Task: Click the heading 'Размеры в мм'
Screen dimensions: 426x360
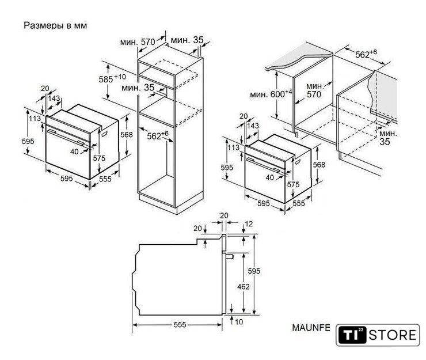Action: tap(55, 25)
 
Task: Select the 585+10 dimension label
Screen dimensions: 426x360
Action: tap(112, 78)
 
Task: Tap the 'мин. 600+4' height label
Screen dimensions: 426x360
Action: tap(271, 94)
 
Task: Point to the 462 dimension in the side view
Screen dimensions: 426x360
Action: tap(243, 287)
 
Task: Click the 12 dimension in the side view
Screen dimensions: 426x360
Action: tap(249, 224)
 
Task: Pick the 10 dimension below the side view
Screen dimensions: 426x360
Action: tap(239, 322)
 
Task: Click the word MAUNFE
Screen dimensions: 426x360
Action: tap(311, 328)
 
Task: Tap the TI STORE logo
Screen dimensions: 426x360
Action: tap(378, 335)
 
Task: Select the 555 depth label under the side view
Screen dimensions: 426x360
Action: tap(180, 325)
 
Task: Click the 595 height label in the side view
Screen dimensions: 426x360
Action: tap(254, 271)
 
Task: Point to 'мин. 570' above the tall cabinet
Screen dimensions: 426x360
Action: tap(138, 42)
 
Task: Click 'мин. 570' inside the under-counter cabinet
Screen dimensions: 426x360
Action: tap(315, 90)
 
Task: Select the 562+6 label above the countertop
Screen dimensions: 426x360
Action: tap(366, 54)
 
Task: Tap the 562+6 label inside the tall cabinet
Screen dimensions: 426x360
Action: tap(158, 135)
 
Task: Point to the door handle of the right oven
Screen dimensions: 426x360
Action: tap(263, 165)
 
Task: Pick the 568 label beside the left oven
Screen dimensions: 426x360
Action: tap(127, 135)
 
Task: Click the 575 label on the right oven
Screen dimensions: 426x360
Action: tap(293, 184)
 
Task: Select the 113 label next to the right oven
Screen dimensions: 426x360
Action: tap(233, 147)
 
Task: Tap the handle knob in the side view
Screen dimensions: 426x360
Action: tap(229, 256)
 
